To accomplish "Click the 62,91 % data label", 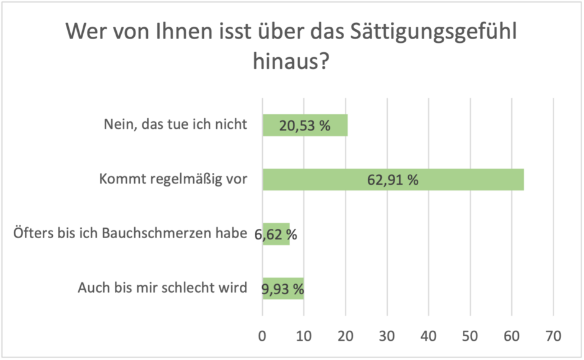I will (393, 180).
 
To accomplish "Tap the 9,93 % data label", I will (283, 289).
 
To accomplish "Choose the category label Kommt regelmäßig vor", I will (173, 180).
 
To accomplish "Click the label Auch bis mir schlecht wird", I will (163, 288).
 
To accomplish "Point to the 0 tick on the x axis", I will (262, 336).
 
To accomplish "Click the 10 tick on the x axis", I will (304, 336).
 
